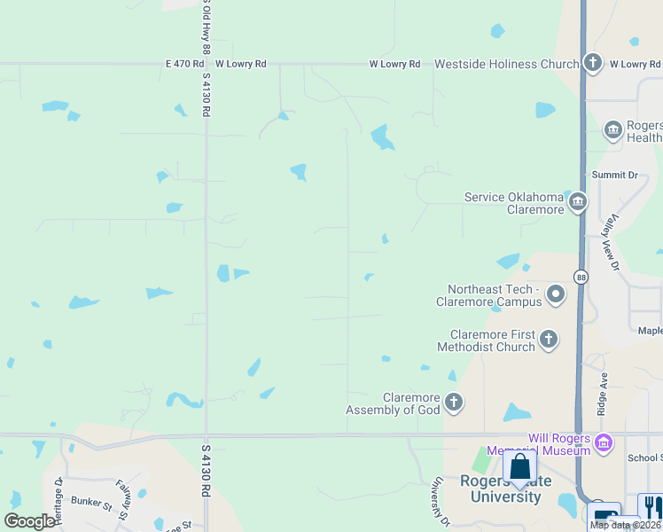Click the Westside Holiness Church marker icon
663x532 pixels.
tap(593, 63)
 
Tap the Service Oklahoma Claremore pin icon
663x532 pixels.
tap(578, 202)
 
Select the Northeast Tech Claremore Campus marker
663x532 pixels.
tap(556, 293)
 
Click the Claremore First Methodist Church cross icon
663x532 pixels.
tap(549, 339)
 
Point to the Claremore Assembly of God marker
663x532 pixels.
tap(454, 403)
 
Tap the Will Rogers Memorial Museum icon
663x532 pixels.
tap(604, 442)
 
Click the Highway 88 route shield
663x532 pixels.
tap(581, 277)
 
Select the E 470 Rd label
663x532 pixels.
tap(185, 64)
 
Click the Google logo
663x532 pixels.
tap(29, 521)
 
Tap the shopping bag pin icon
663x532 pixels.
tap(519, 467)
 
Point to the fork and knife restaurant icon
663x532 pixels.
tap(651, 506)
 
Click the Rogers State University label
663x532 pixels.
tap(501, 489)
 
